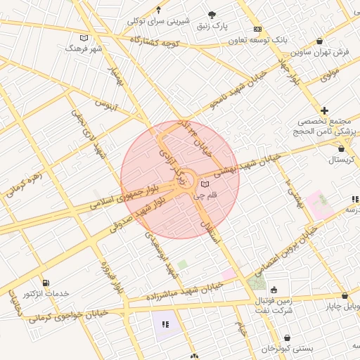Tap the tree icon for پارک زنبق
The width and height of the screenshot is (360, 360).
tap(212, 14)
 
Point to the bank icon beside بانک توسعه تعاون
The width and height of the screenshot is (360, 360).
tap(258, 29)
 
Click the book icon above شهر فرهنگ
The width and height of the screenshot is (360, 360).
tap(84, 37)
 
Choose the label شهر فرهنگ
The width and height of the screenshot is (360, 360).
tap(84, 49)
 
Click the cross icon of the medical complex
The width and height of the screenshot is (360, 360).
tap(324, 110)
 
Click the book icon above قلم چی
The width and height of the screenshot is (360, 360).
tap(205, 184)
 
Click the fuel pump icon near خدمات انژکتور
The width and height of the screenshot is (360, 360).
tap(45, 282)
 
